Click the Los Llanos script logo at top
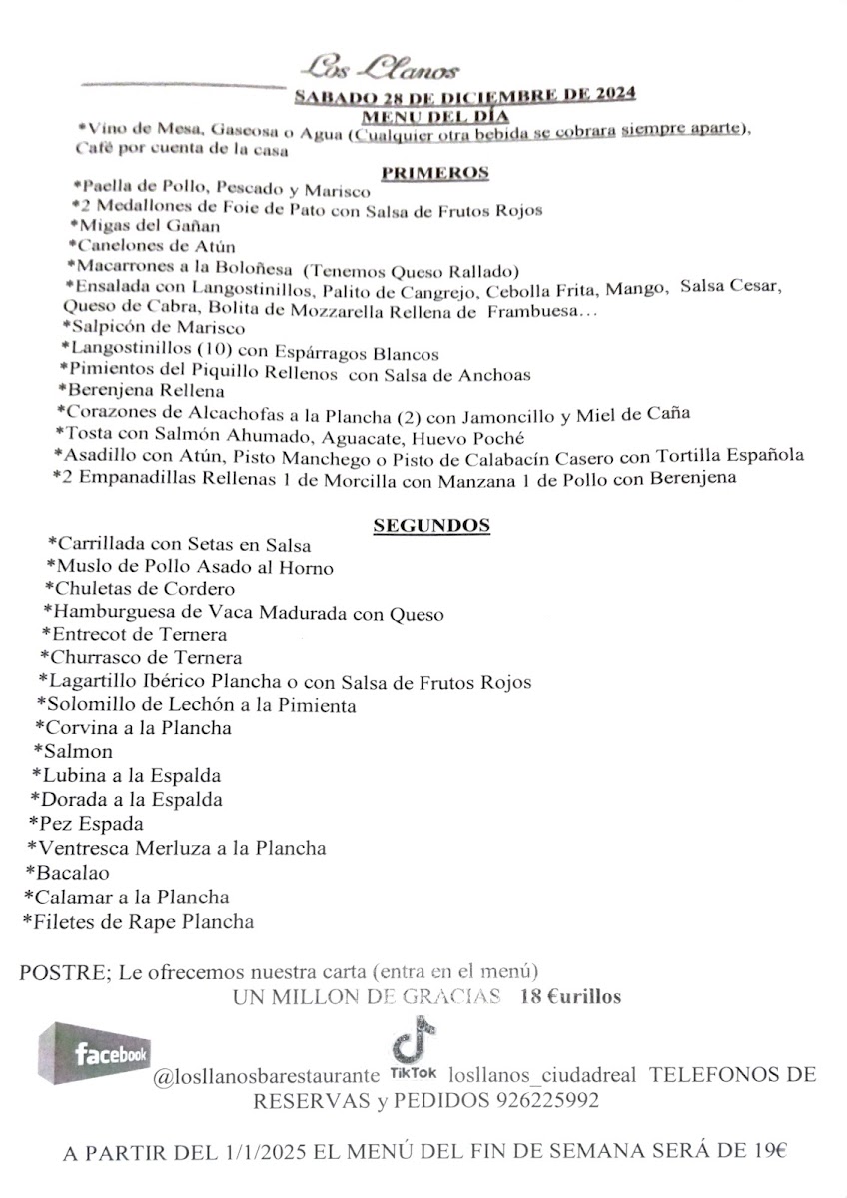pyautogui.click(x=383, y=69)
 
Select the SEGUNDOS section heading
pyautogui.click(x=431, y=524)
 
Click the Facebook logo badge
pyautogui.click(x=96, y=1054)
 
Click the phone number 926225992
pyautogui.click(x=546, y=1101)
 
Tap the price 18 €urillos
pyautogui.click(x=570, y=996)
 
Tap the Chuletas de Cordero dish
pyautogui.click(x=140, y=589)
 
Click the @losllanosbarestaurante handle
pyautogui.click(x=266, y=1076)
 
